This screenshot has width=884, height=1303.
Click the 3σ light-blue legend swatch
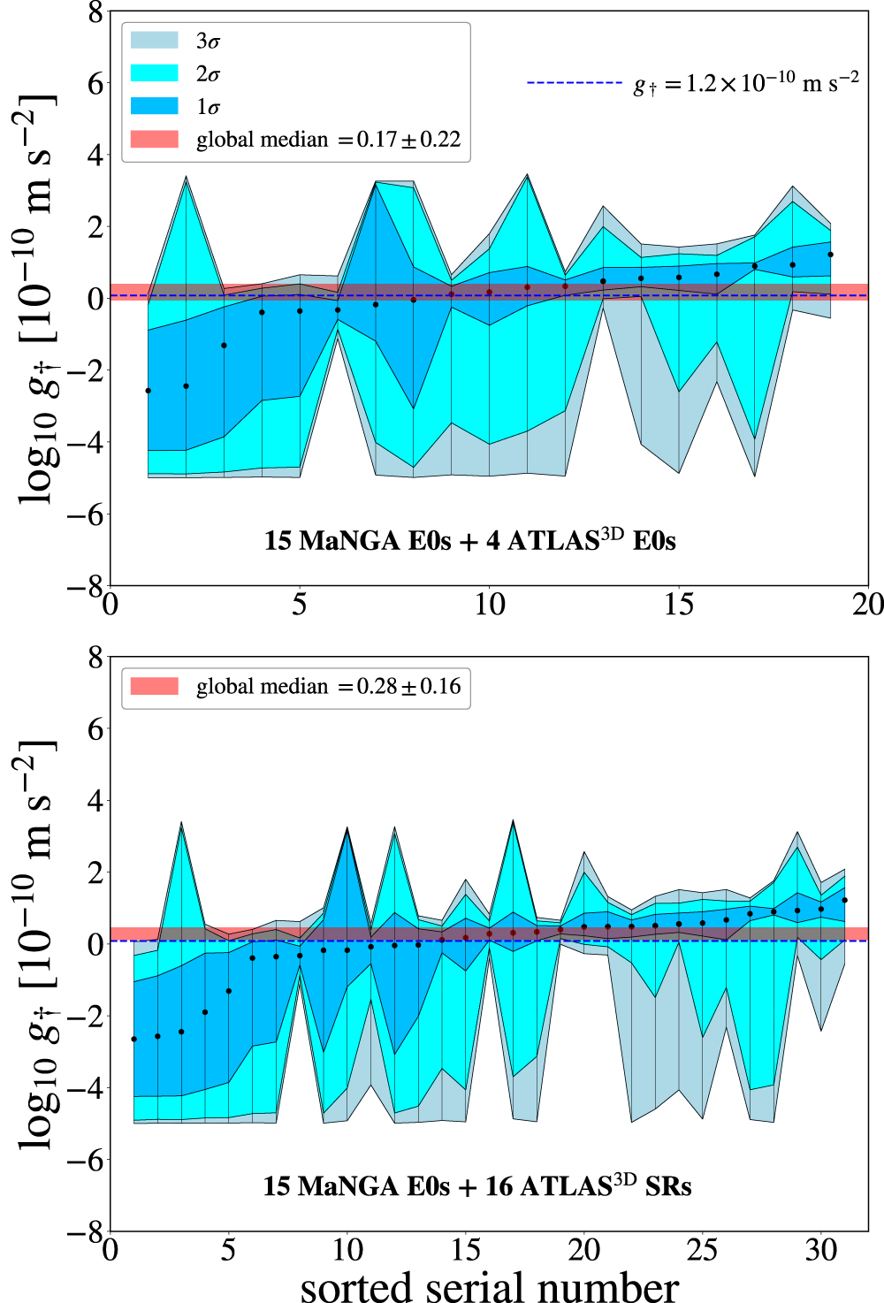click(x=154, y=41)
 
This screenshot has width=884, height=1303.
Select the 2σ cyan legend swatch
click(x=154, y=73)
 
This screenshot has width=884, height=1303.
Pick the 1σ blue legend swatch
click(x=154, y=106)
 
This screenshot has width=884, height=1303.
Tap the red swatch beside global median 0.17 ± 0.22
click(x=154, y=140)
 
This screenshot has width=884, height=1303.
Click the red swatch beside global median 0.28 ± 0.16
click(x=154, y=687)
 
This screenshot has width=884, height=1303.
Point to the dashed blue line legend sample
click(x=575, y=83)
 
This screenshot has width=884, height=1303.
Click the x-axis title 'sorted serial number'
click(x=489, y=1286)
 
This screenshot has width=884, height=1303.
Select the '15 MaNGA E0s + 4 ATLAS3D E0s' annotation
click(x=469, y=540)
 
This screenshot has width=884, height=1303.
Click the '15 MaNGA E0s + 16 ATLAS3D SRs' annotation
click(x=476, y=1185)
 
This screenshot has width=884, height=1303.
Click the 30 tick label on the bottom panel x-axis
click(x=821, y=1250)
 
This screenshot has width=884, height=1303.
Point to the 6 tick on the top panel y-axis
click(x=94, y=84)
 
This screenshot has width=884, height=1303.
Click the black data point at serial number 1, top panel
click(x=149, y=391)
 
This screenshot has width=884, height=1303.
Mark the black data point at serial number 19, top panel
click(x=831, y=255)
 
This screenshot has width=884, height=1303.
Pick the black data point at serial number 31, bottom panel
click(x=845, y=901)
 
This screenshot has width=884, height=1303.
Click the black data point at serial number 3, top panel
click(x=225, y=346)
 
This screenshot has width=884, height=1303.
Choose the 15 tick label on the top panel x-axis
click(x=679, y=605)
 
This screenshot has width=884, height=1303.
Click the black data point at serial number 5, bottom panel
click(x=229, y=991)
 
